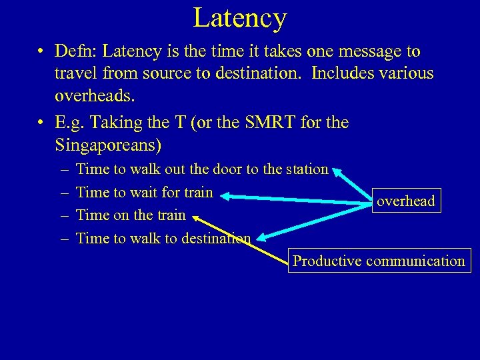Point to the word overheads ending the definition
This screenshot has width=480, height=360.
pyautogui.click(x=95, y=95)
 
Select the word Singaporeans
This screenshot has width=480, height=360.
pyautogui.click(x=108, y=144)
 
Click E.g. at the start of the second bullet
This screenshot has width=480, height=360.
pyautogui.click(x=71, y=122)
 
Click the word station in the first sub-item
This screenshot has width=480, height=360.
pyautogui.click(x=307, y=170)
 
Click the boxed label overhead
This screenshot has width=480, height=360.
pyautogui.click(x=406, y=201)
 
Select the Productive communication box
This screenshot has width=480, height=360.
pyautogui.click(x=379, y=261)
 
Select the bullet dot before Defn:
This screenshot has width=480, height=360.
pyautogui.click(x=41, y=52)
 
